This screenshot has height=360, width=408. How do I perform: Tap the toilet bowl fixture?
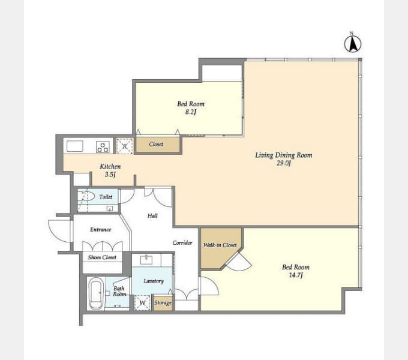coord(87,196)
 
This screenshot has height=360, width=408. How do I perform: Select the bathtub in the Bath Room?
coord(95,293)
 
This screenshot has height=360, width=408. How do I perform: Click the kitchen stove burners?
coord(103,147)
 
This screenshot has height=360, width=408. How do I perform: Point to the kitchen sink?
coord(74,146)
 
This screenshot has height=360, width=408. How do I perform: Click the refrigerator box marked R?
coord(125,146)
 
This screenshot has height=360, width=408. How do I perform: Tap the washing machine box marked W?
coord(142,303)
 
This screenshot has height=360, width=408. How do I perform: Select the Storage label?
coord(163,303)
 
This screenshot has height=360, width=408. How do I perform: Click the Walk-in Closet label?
coord(220,245)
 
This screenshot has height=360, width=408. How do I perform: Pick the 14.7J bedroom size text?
coord(296,275)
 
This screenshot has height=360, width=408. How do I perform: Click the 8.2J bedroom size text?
coord(191,112)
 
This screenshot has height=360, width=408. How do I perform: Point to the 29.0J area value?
coord(284,163)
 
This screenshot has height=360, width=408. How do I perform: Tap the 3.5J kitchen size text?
coord(110,175)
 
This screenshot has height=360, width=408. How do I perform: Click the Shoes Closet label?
coord(102,257)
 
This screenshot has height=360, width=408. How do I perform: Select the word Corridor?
coord(182,242)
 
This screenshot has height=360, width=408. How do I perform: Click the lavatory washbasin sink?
coord(146,259)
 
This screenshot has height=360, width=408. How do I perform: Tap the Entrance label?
coord(100,229)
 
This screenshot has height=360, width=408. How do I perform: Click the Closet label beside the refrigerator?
coord(156,144)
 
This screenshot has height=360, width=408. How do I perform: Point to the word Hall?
coord(152,215)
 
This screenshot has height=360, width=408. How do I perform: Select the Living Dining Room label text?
coord(284,155)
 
